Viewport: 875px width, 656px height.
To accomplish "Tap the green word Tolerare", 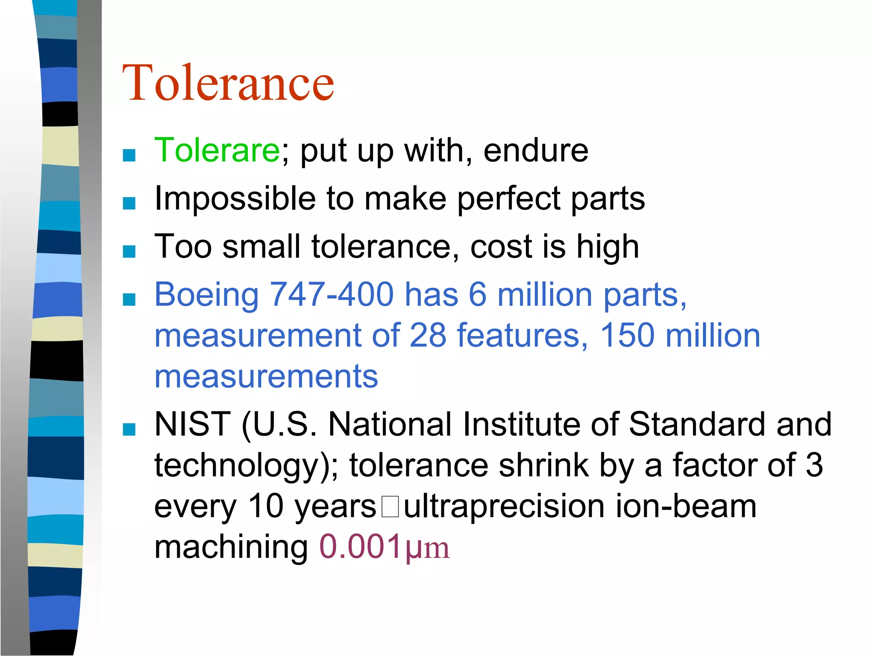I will click(x=217, y=150).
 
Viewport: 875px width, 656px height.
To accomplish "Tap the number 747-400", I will click(x=332, y=294).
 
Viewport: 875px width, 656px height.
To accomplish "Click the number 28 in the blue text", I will click(x=428, y=335).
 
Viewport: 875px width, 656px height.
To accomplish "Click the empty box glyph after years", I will click(x=390, y=507).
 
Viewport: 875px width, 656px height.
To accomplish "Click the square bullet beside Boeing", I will click(x=129, y=300).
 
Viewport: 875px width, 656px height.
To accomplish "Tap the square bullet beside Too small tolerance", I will click(x=129, y=252).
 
